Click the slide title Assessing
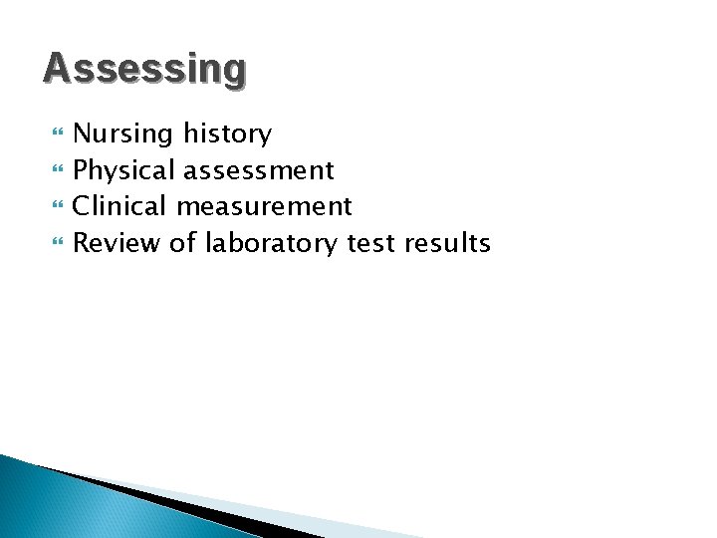(x=144, y=69)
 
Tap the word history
(x=227, y=134)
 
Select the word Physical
(x=123, y=170)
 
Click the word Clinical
(x=120, y=206)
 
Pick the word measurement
(x=264, y=207)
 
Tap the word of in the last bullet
(x=183, y=242)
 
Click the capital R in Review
(x=82, y=242)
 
